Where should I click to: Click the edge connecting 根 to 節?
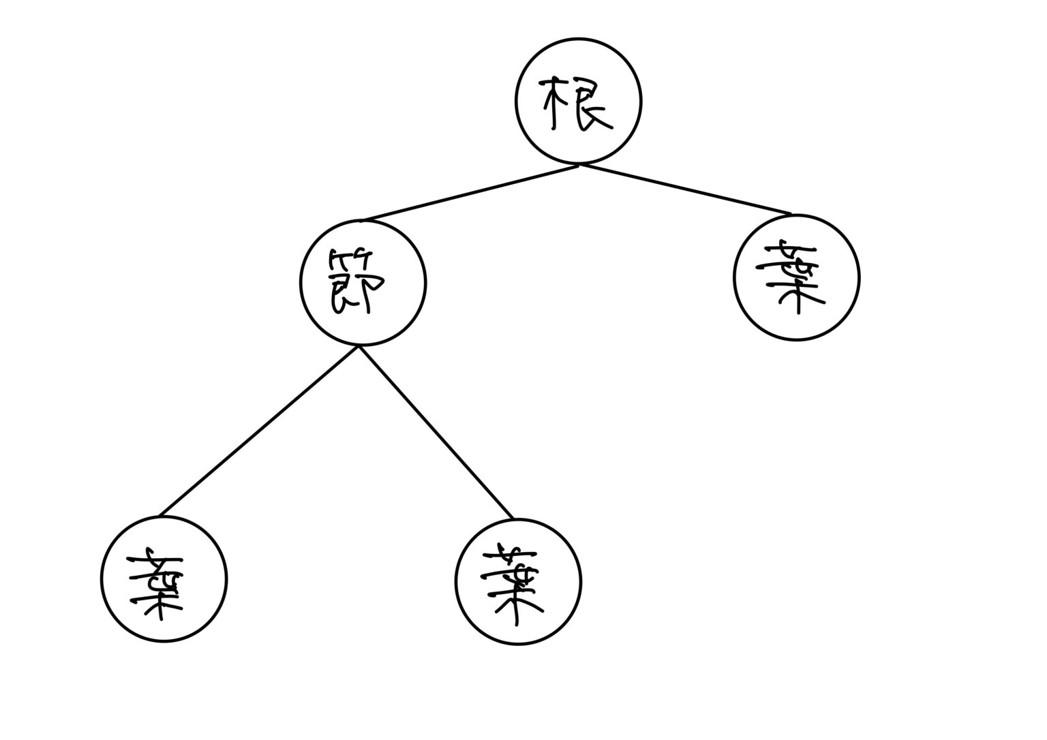pyautogui.click(x=470, y=193)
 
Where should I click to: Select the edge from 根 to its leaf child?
pyautogui.click(x=685, y=189)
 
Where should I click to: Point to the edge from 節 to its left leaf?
pyautogui.click(x=259, y=431)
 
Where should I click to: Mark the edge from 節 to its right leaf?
pyautogui.click(x=436, y=432)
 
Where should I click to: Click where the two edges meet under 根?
pyautogui.click(x=579, y=164)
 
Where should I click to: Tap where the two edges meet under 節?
pyautogui.click(x=359, y=347)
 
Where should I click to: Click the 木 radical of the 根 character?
pyautogui.click(x=555, y=102)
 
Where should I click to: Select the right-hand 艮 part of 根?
pyautogui.click(x=590, y=104)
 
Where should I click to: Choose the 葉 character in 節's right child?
pyautogui.click(x=513, y=586)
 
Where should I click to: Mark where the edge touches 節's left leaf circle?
pyautogui.click(x=159, y=516)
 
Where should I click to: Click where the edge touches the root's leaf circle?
pyautogui.click(x=791, y=215)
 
